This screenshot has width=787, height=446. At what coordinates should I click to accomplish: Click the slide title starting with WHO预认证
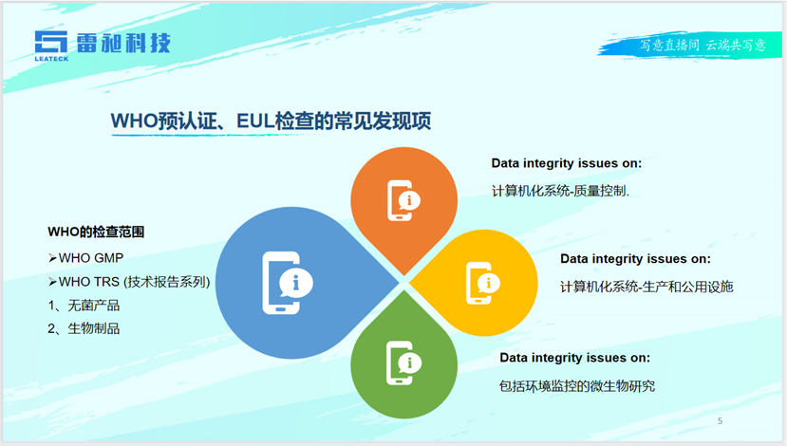pos(271,121)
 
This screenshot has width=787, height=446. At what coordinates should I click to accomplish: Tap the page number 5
pos(721,421)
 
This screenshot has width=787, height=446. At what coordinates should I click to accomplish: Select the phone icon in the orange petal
pos(403,200)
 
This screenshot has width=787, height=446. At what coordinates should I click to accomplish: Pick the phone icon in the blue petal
pos(288,283)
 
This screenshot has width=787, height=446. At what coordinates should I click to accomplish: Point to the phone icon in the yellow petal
pos(483,283)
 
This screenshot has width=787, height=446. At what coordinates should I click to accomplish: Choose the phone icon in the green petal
pos(403,362)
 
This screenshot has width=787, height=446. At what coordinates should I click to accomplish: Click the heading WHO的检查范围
pos(96,232)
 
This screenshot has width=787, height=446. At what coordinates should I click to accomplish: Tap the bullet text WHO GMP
pos(85,258)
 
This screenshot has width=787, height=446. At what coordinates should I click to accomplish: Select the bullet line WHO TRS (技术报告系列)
pos(129,282)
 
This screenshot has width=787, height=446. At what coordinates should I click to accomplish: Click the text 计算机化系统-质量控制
pos(560,191)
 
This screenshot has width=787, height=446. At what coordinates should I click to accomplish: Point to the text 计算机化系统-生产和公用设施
pos(646,287)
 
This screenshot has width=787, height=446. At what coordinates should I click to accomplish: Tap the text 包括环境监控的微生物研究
pos(577,386)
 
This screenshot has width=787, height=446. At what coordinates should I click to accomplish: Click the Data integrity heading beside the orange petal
pos(566,163)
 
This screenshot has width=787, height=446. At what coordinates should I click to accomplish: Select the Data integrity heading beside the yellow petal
pos(635,258)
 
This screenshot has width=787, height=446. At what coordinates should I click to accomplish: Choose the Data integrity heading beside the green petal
pos(574,358)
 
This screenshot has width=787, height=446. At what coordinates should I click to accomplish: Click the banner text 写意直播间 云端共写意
pos(703,46)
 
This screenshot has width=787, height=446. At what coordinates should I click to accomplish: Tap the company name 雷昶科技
pos(123,43)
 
